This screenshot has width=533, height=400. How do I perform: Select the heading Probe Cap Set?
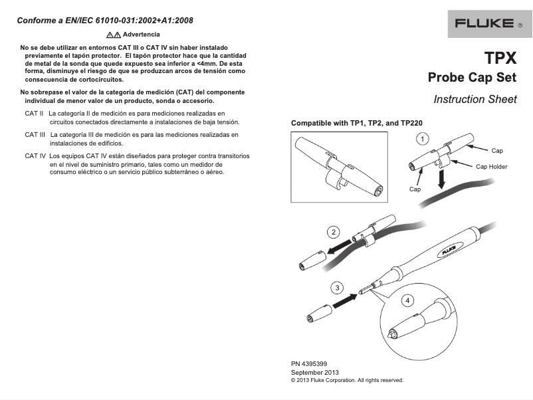tap(472, 78)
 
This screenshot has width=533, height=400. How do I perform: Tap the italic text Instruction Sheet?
tap(475, 100)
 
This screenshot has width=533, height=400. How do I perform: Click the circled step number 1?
tap(421, 138)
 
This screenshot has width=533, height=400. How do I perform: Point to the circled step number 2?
tap(334, 232)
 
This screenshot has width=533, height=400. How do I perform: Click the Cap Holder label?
tap(491, 167)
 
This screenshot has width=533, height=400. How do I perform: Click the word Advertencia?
tap(142, 34)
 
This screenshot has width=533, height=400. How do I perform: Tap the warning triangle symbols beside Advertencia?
tap(113, 34)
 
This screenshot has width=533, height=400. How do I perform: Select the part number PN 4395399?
tap(309, 364)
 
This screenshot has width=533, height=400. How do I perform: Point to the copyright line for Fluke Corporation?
tap(347, 381)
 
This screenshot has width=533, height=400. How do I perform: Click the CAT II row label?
tap(34, 114)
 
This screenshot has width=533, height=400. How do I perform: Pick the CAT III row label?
tap(35, 135)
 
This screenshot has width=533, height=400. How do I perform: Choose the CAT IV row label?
tap(35, 155)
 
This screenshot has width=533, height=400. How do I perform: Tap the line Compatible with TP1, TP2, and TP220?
tap(357, 124)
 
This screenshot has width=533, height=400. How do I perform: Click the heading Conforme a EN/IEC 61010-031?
tap(105, 20)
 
